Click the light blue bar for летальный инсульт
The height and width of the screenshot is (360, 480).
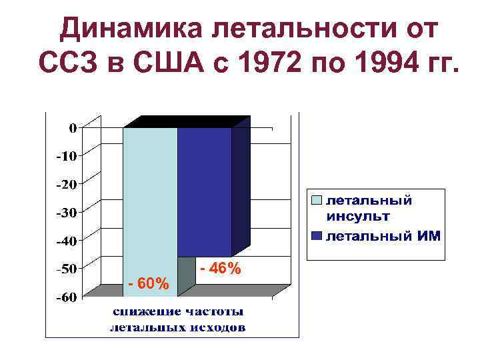click(150, 200)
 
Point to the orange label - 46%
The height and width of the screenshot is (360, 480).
click(221, 269)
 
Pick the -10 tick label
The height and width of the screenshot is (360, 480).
click(67, 156)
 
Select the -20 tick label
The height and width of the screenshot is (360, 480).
click(67, 184)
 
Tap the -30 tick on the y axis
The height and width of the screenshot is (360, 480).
click(67, 212)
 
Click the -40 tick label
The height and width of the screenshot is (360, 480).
click(67, 240)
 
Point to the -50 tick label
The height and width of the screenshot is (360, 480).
click(67, 269)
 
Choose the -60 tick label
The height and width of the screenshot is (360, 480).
click(67, 297)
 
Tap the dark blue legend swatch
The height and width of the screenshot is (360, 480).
click(317, 236)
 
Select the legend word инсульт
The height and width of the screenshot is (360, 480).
click(358, 216)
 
